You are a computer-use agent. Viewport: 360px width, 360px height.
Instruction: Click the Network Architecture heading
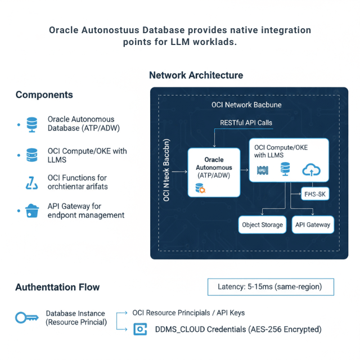(x=196, y=75)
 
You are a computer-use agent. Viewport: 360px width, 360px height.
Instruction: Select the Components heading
(x=44, y=94)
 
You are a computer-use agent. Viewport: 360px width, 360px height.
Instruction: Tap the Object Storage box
(x=262, y=225)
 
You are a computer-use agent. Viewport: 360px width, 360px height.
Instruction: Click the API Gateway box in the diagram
(x=313, y=225)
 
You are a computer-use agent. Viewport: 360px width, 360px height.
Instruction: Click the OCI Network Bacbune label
(x=246, y=105)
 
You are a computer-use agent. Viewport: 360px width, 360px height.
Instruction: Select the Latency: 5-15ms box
(x=270, y=286)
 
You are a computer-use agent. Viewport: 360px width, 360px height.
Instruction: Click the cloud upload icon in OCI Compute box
(x=310, y=169)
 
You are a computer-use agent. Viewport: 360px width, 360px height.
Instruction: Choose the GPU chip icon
(x=261, y=169)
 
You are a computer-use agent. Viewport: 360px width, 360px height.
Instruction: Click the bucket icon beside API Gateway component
(x=31, y=211)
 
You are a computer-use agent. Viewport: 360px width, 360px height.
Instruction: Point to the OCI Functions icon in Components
(x=31, y=182)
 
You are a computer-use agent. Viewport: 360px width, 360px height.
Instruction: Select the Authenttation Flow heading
(x=57, y=287)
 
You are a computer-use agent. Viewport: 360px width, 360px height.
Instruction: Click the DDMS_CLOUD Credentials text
(x=238, y=330)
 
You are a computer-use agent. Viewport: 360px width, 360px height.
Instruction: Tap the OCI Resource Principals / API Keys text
(x=188, y=313)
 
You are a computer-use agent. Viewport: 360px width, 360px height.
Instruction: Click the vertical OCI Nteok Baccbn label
(x=166, y=169)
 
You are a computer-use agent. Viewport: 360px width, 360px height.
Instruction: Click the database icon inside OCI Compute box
(x=285, y=169)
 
